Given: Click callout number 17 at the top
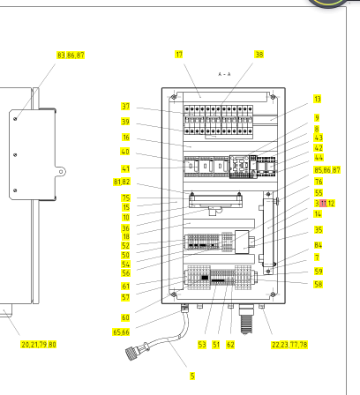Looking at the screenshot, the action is point(179,55).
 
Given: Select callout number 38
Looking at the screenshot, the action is point(259,55).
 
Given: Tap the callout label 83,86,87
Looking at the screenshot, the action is point(71,56).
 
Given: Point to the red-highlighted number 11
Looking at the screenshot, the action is point(323,203).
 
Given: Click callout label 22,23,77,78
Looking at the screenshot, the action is point(289,345).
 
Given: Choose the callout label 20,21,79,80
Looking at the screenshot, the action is point(39,344).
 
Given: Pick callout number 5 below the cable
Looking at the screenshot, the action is point(192,376).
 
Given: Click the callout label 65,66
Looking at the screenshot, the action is point(121,332).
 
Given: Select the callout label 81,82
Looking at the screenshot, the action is point(122,182).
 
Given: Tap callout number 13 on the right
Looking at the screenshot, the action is point(317,99).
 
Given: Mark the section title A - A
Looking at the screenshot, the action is point(224,74).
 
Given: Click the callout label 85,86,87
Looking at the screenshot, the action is point(327,170).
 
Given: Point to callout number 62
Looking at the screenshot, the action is point(230,345).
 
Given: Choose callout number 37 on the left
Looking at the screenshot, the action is point(125,106).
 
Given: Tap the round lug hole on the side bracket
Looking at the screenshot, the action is point(61,172).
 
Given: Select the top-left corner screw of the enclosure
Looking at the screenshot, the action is point(174,97).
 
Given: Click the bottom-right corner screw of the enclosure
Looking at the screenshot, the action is point(273,294).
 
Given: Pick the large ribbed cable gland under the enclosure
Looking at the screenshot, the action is point(246,319).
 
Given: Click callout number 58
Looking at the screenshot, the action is point(318,284).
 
